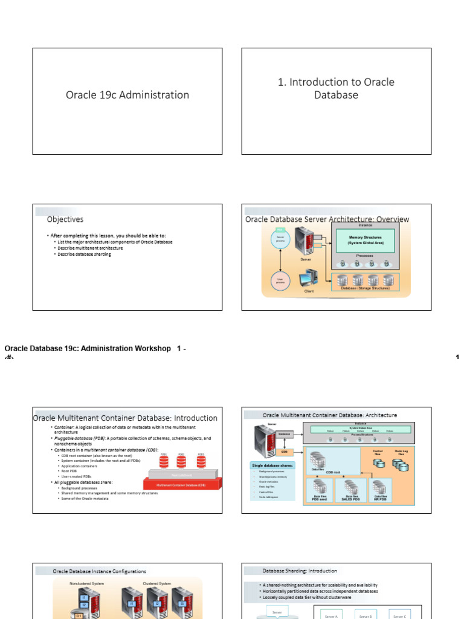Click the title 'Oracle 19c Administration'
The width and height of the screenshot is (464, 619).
[127, 95]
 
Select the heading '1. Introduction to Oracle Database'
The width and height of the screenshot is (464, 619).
[336, 88]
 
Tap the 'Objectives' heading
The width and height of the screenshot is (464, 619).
[65, 219]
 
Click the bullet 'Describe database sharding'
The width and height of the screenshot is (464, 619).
[84, 254]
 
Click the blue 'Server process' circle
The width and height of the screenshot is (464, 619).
[280, 239]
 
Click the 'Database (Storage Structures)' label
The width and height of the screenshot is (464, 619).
[365, 288]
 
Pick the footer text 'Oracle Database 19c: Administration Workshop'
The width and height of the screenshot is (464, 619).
[88, 349]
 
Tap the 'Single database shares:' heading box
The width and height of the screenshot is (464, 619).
[272, 465]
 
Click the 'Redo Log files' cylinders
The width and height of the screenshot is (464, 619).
[400, 465]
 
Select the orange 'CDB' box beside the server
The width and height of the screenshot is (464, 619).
[284, 452]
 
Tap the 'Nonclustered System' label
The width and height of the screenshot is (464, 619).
[87, 583]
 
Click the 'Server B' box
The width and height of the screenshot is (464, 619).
[366, 616]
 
